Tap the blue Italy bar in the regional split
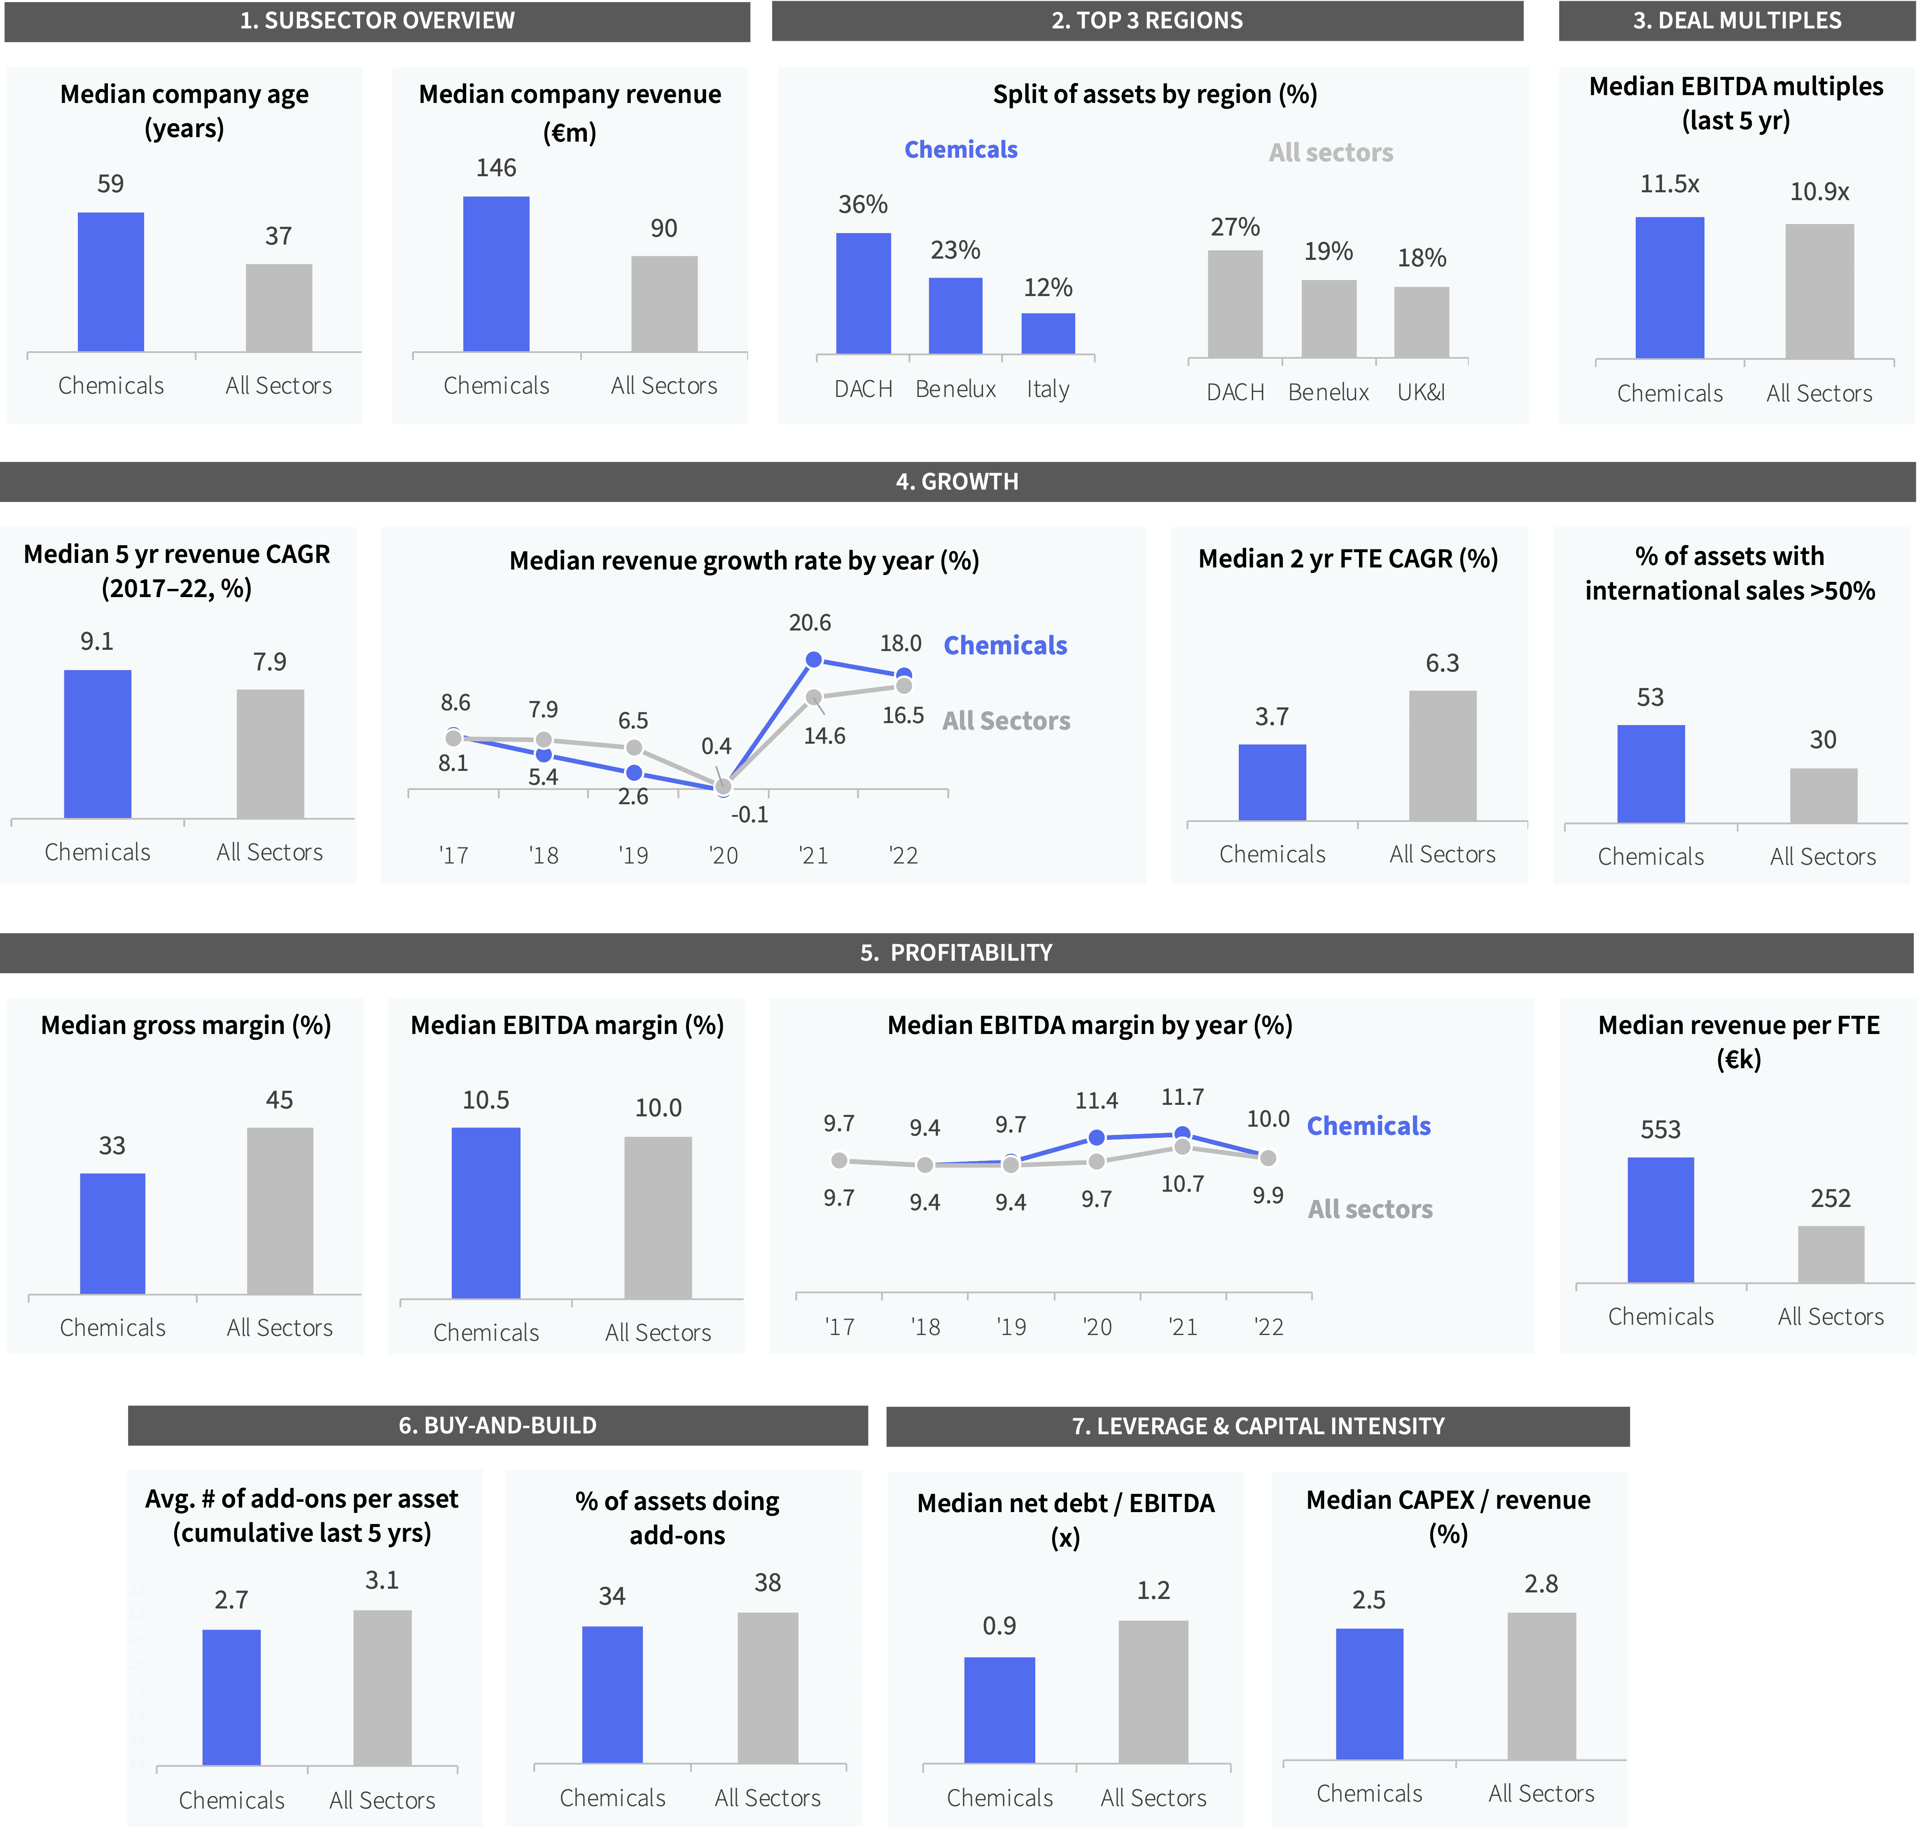pyautogui.click(x=1048, y=334)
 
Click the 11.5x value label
pyautogui.click(x=1669, y=184)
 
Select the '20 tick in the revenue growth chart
pyautogui.click(x=723, y=855)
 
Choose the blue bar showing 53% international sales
pyautogui.click(x=1651, y=774)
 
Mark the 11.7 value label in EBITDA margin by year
pyautogui.click(x=1181, y=1097)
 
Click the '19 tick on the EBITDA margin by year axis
pyautogui.click(x=1011, y=1327)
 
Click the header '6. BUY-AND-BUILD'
pyautogui.click(x=497, y=1425)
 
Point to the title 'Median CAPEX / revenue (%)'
pyautogui.click(x=1448, y=1517)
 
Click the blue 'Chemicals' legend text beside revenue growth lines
pyautogui.click(x=1005, y=646)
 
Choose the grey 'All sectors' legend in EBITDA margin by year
pyautogui.click(x=1370, y=1209)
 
